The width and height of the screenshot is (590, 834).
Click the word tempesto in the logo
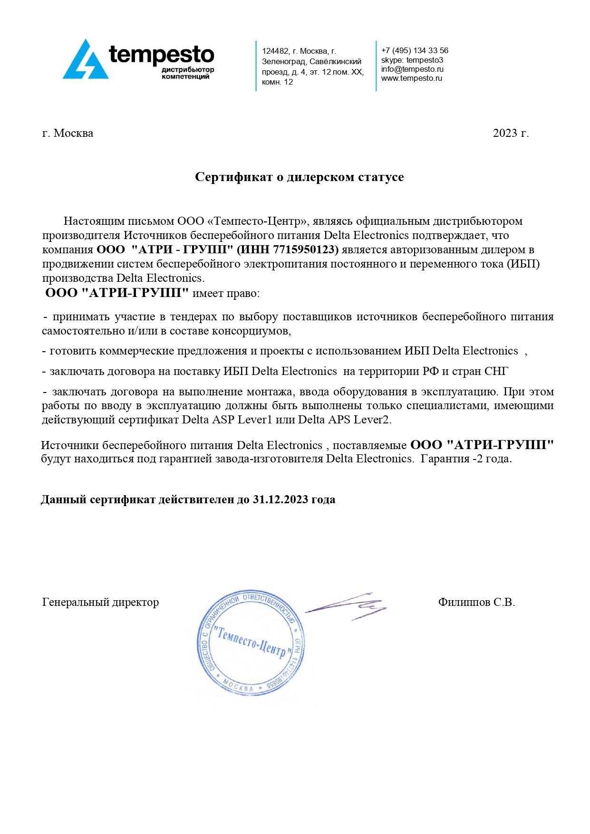pyautogui.click(x=162, y=55)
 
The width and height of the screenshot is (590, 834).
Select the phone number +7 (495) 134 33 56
pyautogui.click(x=415, y=50)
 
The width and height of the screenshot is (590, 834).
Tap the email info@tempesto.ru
pyautogui.click(x=412, y=69)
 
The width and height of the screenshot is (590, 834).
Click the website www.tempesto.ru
pyautogui.click(x=411, y=78)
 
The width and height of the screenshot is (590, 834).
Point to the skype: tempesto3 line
pyautogui.click(x=412, y=60)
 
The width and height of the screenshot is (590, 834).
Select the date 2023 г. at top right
pyautogui.click(x=511, y=133)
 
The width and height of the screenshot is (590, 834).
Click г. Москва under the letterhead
pyautogui.click(x=68, y=133)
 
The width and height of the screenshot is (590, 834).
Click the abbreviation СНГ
pyautogui.click(x=496, y=371)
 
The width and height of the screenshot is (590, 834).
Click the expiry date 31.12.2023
pyautogui.click(x=280, y=499)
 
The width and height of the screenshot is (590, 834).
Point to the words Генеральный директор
pyautogui.click(x=100, y=602)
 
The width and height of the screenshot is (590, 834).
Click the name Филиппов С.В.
pyautogui.click(x=476, y=602)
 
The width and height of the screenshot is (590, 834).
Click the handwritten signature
pyautogui.click(x=346, y=606)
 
